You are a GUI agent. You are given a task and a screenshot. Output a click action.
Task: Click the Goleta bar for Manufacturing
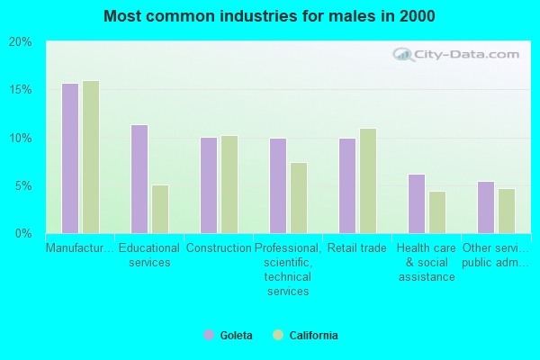pyautogui.click(x=70, y=158)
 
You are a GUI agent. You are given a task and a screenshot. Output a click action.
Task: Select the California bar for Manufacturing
pyautogui.click(x=91, y=157)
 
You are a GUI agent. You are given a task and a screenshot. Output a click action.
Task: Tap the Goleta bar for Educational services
pyautogui.click(x=139, y=179)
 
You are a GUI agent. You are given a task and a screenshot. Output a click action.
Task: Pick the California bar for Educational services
pyautogui.click(x=160, y=209)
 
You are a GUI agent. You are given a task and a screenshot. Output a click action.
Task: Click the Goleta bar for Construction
pyautogui.click(x=209, y=185)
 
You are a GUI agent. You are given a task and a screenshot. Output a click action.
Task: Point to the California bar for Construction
pyautogui.click(x=229, y=184)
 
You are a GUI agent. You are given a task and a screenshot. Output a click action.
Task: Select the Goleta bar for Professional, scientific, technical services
pyautogui.click(x=278, y=185)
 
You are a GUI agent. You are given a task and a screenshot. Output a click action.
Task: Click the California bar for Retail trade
pyautogui.click(x=368, y=181)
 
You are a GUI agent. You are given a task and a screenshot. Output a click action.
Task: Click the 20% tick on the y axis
pyautogui.click(x=20, y=42)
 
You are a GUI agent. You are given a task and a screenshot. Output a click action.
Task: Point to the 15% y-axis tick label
pyautogui.click(x=20, y=90)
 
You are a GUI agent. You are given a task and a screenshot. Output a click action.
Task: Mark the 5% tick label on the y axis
pyautogui.click(x=22, y=186)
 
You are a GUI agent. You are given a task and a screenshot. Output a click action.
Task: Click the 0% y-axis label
pyautogui.click(x=22, y=234)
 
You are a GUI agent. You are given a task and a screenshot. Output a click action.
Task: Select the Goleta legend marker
pyautogui.click(x=209, y=336)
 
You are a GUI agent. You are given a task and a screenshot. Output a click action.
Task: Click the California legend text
pyautogui.click(x=313, y=336)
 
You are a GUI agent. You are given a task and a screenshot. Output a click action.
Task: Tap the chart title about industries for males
pyautogui.click(x=269, y=16)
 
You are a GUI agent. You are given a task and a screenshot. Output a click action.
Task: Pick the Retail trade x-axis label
pyautogui.click(x=357, y=248)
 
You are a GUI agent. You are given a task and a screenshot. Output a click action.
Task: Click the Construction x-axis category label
pyautogui.click(x=219, y=248)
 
